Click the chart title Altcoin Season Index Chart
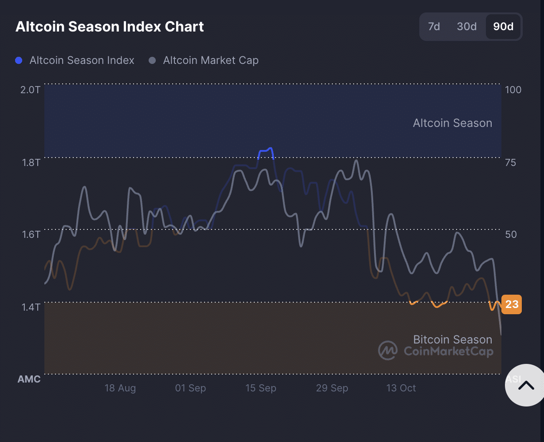110,27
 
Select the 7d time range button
434,27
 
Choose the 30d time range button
467,27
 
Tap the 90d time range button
503,27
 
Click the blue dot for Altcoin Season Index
19,60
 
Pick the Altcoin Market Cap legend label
210,60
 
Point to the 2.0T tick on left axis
31,90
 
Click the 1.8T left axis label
31,162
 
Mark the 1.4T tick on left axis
31,307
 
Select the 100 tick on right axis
513,90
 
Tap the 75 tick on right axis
511,162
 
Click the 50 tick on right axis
511,234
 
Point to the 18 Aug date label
120,388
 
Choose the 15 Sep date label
260,388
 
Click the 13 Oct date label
401,388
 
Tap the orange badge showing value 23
512,304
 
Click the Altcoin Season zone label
452,123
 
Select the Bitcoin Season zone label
452,339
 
